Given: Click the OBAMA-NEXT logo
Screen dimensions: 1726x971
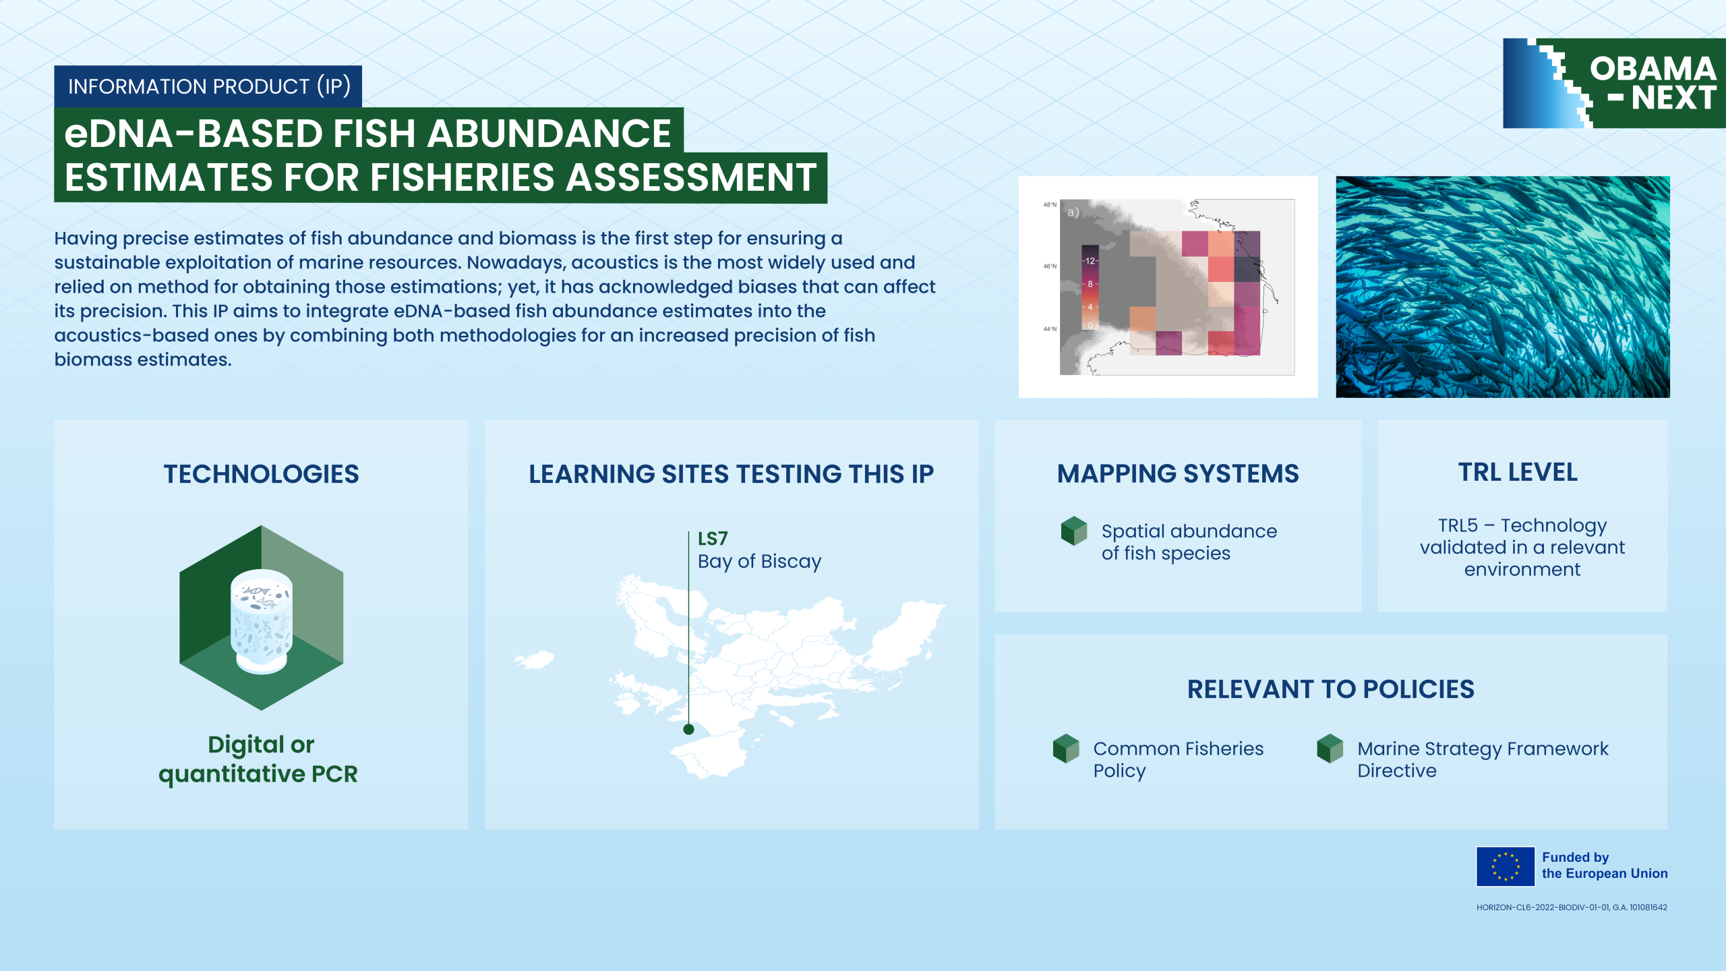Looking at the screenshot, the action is [x=1614, y=83].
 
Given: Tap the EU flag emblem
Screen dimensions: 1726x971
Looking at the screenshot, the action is [x=1506, y=866].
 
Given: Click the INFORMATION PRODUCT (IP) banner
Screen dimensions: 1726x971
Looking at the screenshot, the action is [x=208, y=86].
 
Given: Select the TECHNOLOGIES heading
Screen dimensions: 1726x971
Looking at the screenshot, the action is [x=261, y=474].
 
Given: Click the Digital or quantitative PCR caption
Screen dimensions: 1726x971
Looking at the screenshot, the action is [x=259, y=759].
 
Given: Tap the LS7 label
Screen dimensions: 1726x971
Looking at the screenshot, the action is [x=713, y=539].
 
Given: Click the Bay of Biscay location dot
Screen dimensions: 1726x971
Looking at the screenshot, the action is [x=688, y=729].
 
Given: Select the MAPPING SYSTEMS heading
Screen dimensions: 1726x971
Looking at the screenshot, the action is [x=1178, y=474].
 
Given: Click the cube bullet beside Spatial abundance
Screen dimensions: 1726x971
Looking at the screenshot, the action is [x=1074, y=531].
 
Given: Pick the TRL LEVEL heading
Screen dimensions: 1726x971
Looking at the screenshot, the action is [x=1518, y=473].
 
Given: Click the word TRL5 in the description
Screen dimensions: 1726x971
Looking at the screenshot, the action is [x=1458, y=525].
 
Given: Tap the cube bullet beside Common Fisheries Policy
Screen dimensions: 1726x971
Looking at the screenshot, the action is [x=1066, y=748].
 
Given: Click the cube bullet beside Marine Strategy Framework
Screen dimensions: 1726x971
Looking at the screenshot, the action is [x=1330, y=748].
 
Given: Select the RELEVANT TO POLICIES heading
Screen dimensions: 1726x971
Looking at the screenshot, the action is [x=1331, y=690].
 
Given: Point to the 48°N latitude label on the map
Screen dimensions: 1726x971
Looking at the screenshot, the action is [x=1050, y=204].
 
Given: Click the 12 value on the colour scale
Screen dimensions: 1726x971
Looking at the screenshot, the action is [x=1090, y=261].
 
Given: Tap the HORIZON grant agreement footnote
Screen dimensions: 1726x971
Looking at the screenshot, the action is [x=1572, y=908].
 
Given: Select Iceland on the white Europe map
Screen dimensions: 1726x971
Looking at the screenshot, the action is [x=535, y=659].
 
